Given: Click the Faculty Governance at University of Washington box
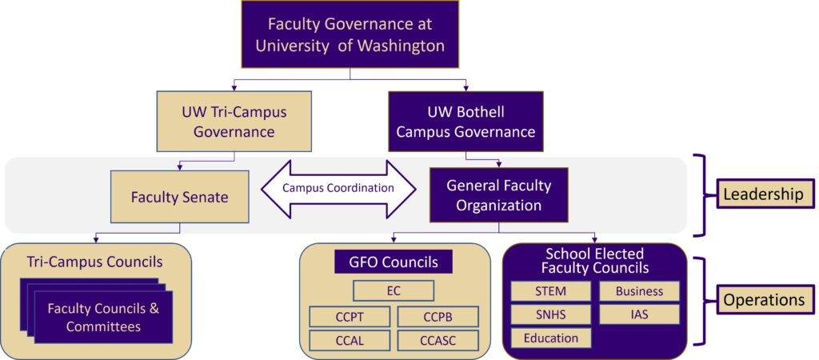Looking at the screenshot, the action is point(350,34).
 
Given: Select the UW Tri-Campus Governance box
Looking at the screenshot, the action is point(234,122).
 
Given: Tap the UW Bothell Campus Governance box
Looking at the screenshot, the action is point(465,122).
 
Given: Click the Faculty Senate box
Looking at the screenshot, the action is point(180,198).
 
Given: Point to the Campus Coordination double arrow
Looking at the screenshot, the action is point(338,189).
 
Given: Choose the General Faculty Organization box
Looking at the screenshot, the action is point(499,195).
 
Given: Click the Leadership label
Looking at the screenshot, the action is point(762,195).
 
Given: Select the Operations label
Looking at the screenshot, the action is point(763,300).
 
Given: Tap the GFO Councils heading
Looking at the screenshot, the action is point(394,262).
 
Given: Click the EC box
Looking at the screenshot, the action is point(394,291).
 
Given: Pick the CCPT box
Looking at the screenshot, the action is point(350,317).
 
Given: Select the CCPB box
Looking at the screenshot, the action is point(437,317).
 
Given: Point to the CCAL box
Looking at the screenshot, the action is point(350,341).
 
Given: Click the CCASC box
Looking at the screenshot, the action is point(437,341).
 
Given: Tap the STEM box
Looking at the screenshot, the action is point(550,291).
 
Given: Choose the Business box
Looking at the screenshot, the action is point(639,291).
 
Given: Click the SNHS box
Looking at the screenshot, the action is point(550,314).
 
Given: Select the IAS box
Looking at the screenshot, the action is point(639,314).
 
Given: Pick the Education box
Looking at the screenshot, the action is point(550,338).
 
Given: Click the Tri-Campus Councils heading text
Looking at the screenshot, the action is point(95,262).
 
